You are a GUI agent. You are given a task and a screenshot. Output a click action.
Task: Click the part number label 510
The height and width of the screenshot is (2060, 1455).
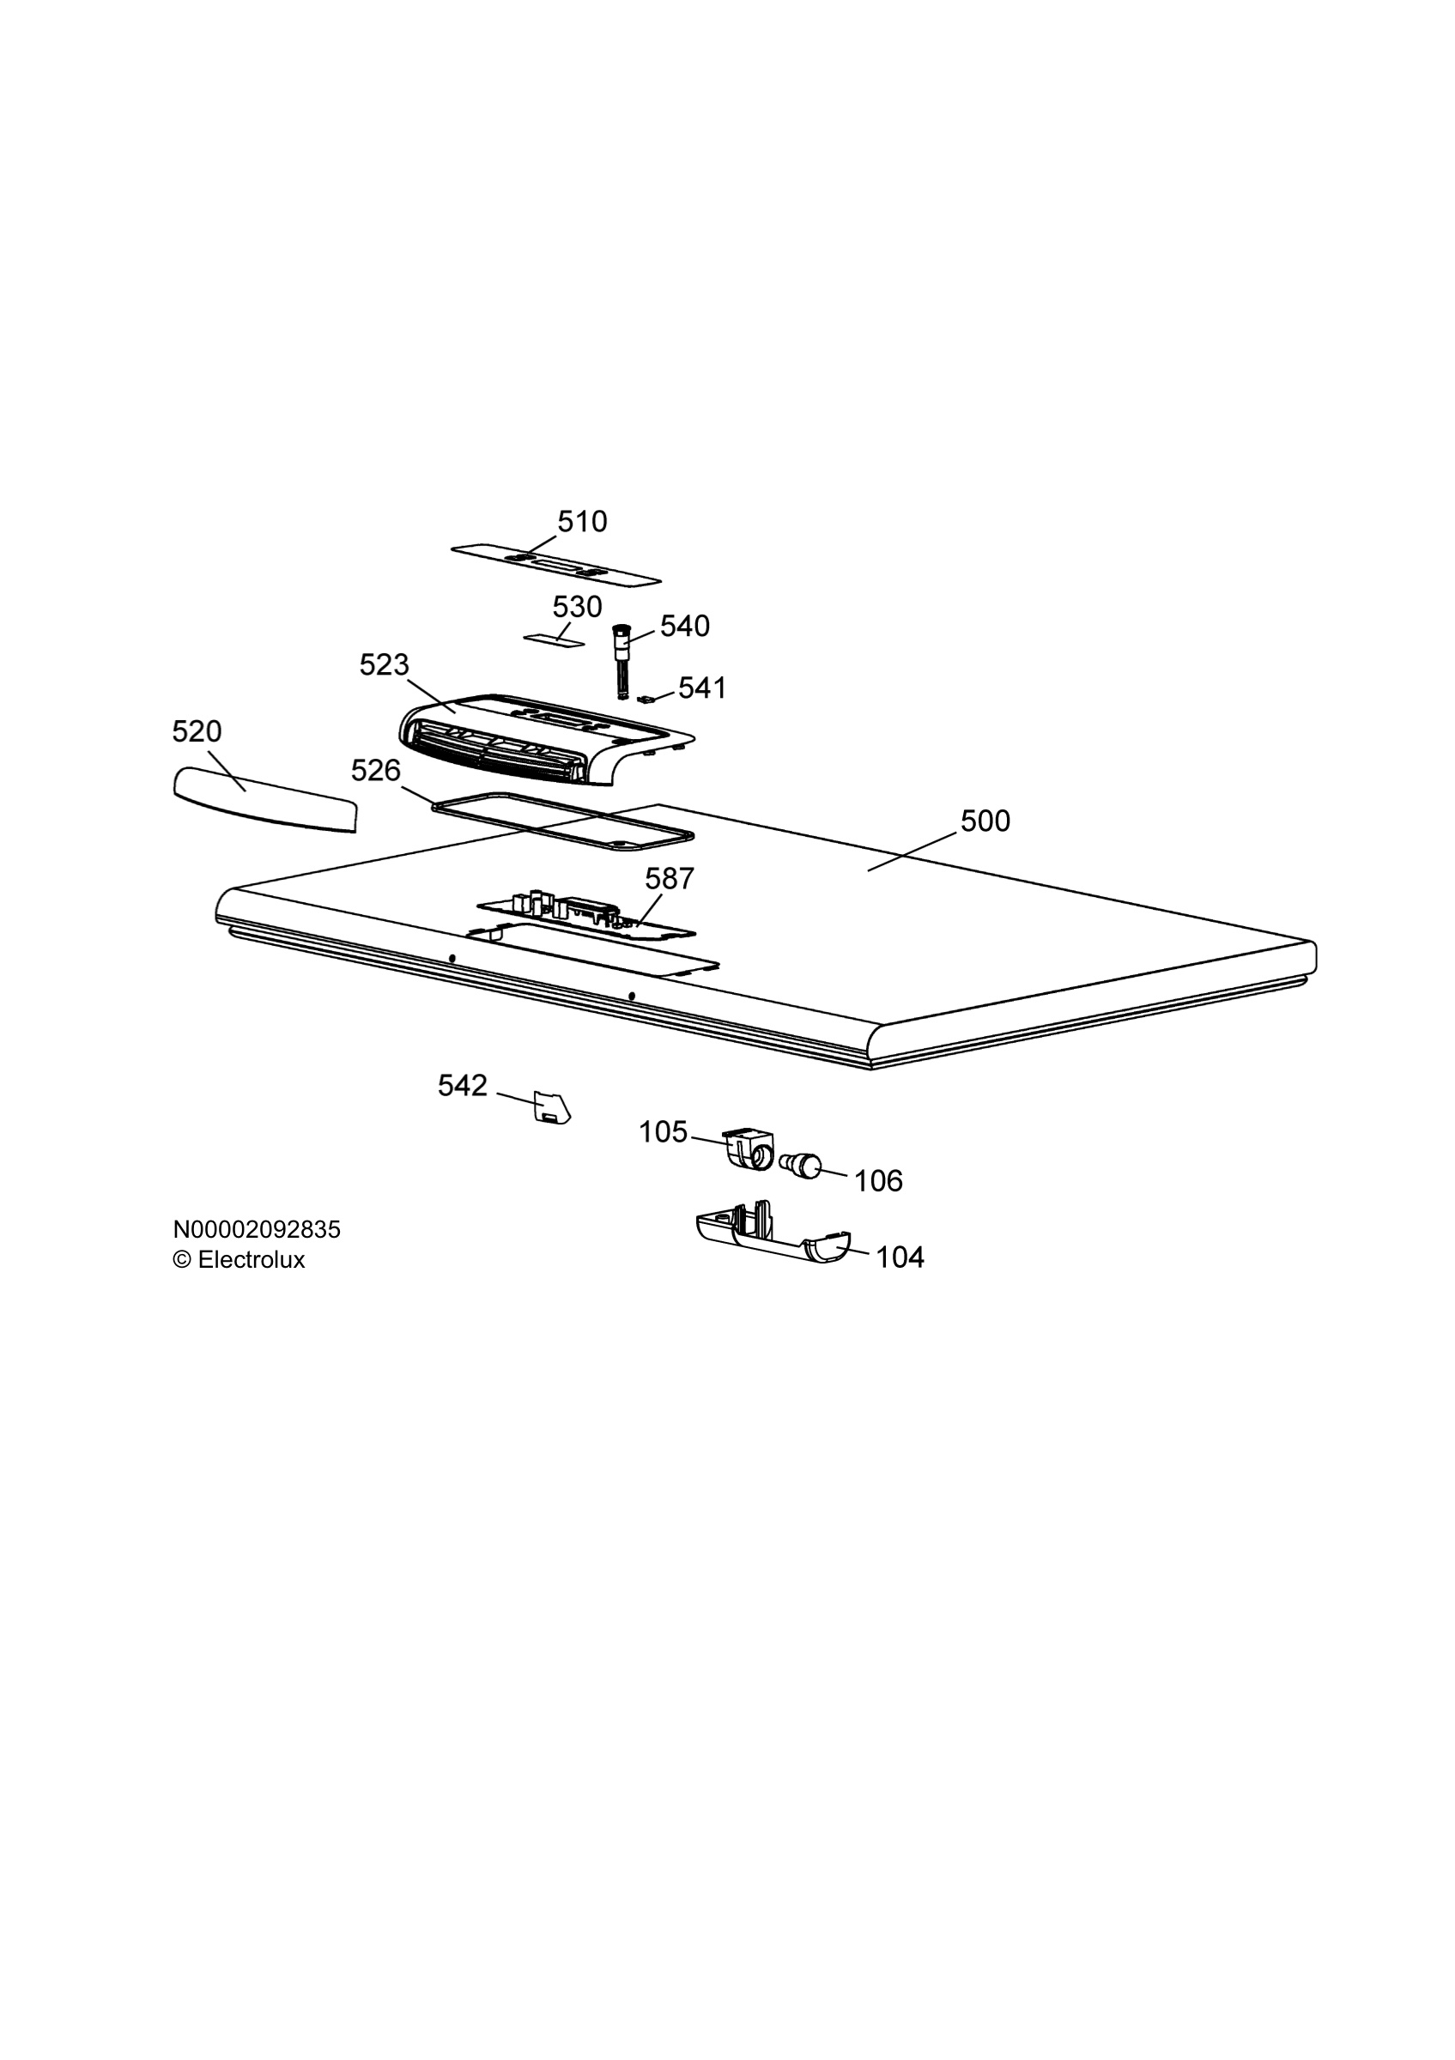coord(582,521)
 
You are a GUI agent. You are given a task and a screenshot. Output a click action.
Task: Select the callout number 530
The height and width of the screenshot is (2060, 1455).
coord(577,608)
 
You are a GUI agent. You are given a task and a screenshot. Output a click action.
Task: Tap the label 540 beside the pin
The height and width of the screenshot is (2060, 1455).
coord(684,627)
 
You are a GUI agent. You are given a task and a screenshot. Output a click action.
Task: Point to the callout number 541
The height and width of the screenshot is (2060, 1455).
coord(702,688)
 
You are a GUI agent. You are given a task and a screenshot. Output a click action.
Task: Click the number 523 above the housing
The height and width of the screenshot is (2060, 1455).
coord(384,665)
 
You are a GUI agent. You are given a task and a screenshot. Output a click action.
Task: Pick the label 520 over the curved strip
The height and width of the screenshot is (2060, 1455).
coord(197,732)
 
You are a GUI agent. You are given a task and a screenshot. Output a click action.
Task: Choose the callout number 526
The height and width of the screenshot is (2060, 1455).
coord(376,771)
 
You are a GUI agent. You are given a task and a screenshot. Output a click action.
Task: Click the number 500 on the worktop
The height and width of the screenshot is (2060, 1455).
coord(985,821)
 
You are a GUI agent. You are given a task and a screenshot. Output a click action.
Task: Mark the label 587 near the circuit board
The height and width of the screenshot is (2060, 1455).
coord(670,878)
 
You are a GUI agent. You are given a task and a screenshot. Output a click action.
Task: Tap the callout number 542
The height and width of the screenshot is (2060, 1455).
coord(463,1086)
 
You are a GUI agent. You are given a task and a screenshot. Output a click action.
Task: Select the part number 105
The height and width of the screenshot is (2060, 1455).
coord(663,1132)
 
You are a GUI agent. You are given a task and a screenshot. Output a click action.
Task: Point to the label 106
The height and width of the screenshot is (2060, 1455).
coord(878,1181)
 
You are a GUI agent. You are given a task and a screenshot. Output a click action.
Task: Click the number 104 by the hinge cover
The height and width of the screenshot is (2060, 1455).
coord(900,1257)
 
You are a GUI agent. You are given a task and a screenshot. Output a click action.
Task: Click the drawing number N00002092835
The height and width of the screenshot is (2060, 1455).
coord(257,1229)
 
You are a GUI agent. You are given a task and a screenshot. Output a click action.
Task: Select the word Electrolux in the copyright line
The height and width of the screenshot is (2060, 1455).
coord(252,1260)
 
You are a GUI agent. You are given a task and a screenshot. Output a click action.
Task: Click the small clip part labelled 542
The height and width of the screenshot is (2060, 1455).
coord(552,1107)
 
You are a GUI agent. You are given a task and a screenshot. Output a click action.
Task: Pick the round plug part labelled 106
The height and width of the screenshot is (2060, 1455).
coord(801,1166)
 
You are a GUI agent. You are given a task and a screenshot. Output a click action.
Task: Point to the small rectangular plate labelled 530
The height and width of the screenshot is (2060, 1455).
coord(555,639)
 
